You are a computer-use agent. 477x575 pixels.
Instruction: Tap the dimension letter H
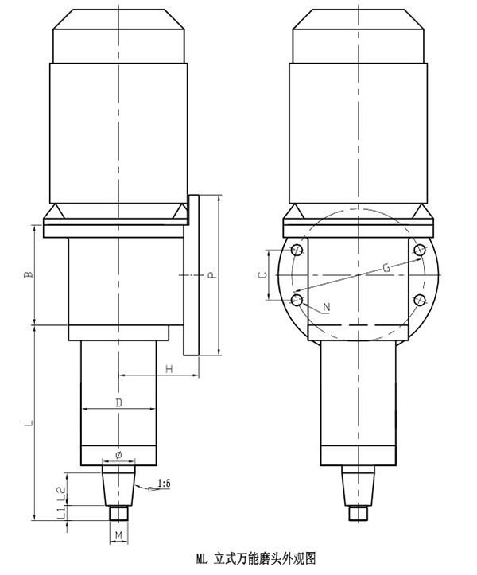coord(169,368)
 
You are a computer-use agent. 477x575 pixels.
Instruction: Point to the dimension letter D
coord(118,402)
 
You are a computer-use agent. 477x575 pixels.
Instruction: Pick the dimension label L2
coord(61,493)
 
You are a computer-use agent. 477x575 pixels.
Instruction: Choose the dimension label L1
coord(61,512)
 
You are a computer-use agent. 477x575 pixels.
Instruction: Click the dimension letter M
coord(118,535)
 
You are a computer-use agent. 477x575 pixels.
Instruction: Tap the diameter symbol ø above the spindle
coord(118,455)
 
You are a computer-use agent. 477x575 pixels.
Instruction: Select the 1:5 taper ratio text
coord(164,484)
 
